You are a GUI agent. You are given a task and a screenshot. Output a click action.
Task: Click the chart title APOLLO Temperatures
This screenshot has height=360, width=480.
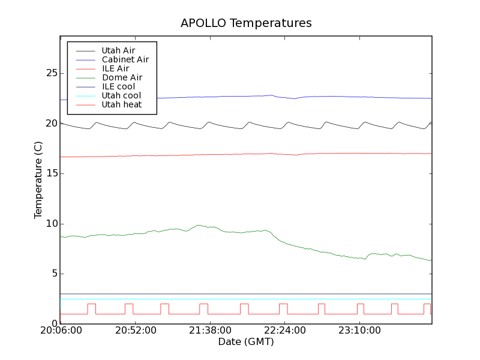click(x=246, y=23)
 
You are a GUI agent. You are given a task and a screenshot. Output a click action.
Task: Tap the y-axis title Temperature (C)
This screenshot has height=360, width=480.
click(x=38, y=180)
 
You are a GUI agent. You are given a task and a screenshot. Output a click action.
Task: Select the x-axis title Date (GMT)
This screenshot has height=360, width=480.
click(x=246, y=342)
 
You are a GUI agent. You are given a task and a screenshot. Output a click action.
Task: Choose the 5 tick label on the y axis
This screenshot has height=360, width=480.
click(x=53, y=274)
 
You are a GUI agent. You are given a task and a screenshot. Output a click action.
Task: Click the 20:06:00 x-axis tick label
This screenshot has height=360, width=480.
click(x=60, y=331)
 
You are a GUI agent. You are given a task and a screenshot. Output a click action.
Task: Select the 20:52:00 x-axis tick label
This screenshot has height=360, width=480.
click(x=136, y=331)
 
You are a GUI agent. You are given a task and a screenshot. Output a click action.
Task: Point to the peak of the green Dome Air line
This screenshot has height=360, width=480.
click(x=199, y=226)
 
